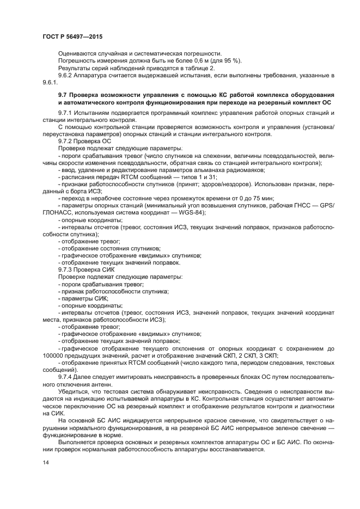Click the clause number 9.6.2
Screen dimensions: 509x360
click(x=67, y=75)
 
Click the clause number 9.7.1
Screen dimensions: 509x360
click(x=67, y=112)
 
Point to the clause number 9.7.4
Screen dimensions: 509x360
click(x=67, y=377)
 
